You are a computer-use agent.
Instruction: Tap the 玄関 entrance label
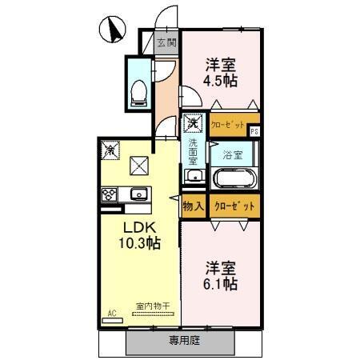point(166,43)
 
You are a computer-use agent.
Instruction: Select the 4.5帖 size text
point(219,81)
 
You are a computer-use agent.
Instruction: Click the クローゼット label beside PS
point(229,125)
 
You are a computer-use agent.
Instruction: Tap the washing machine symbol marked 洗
point(193,125)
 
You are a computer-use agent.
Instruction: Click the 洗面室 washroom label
point(193,152)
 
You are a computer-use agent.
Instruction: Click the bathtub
point(233,178)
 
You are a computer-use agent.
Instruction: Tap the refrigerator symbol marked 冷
point(110,150)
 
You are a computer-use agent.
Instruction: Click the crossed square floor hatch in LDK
point(139,166)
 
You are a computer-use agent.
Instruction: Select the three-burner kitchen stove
point(110,194)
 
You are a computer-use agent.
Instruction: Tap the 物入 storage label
point(193,205)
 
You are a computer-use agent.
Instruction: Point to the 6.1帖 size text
point(220,284)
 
